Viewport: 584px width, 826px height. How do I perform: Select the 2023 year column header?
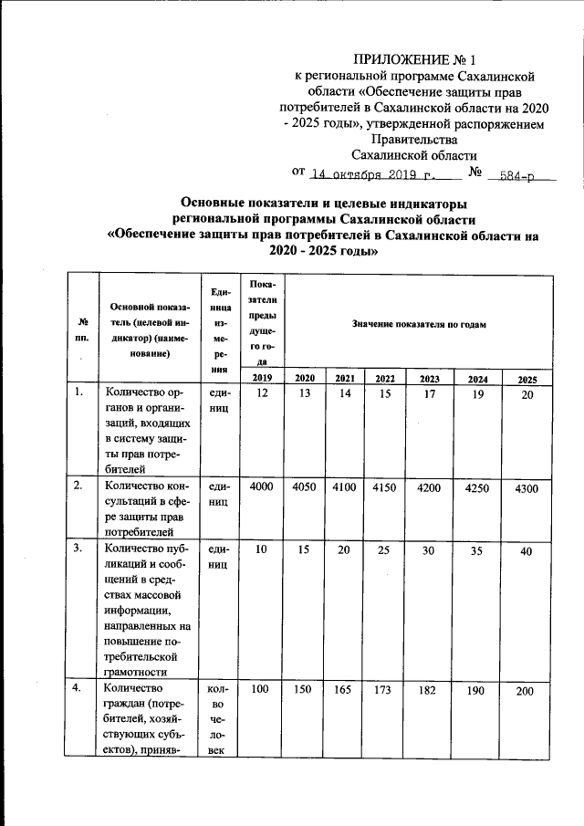click(428, 378)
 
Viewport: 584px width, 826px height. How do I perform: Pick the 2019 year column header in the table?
click(261, 378)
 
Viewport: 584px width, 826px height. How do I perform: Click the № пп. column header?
click(83, 329)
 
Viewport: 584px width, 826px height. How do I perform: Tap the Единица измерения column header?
click(219, 330)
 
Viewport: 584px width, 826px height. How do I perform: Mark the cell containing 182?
click(428, 691)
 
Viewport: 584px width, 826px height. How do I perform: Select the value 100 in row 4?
click(261, 690)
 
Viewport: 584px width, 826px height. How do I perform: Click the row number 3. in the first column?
click(81, 549)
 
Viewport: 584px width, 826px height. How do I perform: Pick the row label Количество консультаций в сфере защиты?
click(146, 507)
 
